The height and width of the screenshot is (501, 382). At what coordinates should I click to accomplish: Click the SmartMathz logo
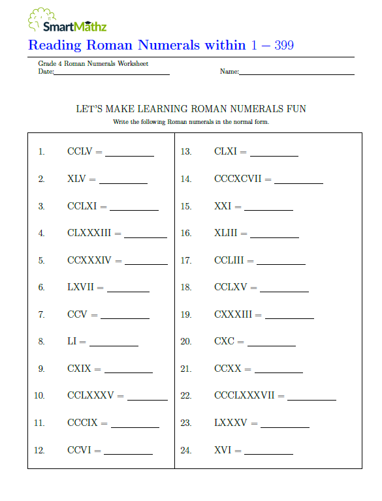pyautogui.click(x=67, y=20)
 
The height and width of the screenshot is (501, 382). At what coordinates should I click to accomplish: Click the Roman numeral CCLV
pyautogui.click(x=80, y=152)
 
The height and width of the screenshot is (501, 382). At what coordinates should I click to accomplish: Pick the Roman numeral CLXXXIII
pyautogui.click(x=89, y=233)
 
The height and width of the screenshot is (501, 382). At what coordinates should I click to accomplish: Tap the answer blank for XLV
pyautogui.click(x=123, y=183)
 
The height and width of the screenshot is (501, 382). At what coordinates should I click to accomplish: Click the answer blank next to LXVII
pyautogui.click(x=128, y=292)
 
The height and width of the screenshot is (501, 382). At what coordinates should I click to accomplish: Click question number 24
pyautogui.click(x=186, y=450)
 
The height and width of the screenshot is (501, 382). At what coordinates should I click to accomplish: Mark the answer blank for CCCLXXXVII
pyautogui.click(x=311, y=399)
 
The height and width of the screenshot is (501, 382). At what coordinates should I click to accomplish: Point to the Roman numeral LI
pyautogui.click(x=72, y=341)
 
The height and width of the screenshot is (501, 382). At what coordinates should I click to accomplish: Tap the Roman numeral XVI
pyautogui.click(x=223, y=450)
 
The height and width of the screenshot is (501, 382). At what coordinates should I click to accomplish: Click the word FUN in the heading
pyautogui.click(x=295, y=109)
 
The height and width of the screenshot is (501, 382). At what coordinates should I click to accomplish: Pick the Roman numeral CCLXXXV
pyautogui.click(x=91, y=395)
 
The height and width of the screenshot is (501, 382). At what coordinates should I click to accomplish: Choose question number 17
pyautogui.click(x=186, y=260)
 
